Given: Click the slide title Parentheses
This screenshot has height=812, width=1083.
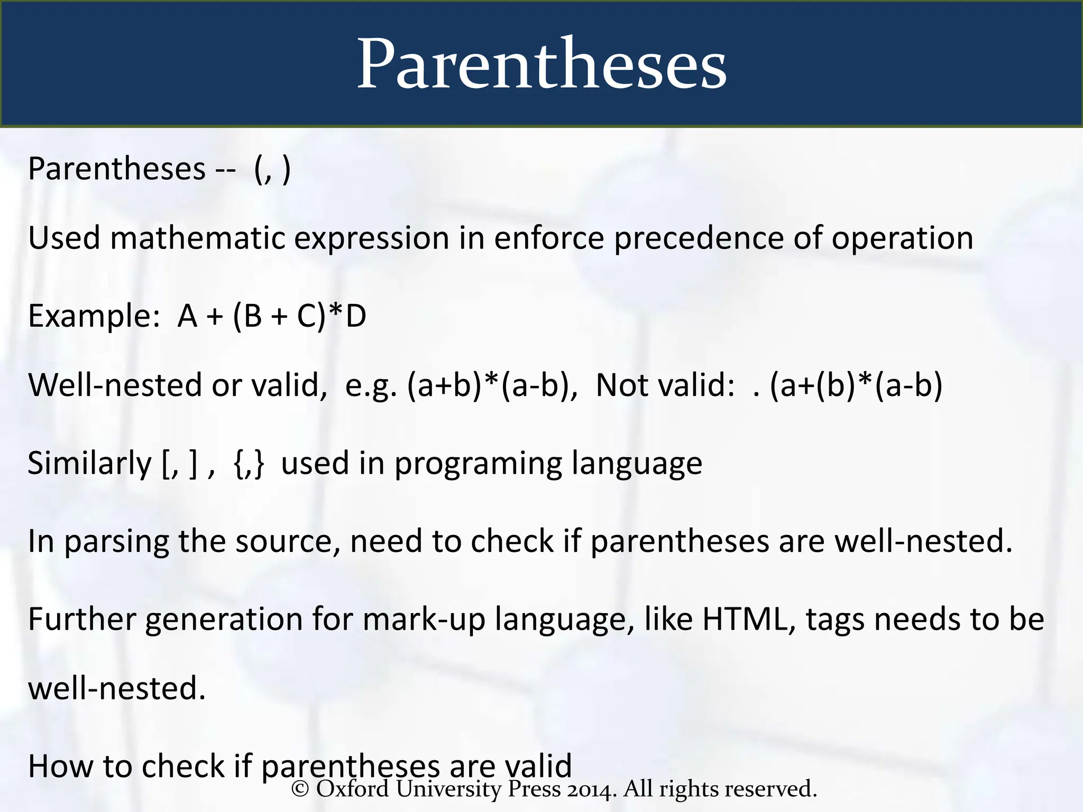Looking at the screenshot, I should (x=541, y=64).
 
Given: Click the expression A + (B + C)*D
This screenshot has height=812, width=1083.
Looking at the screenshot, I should (x=272, y=316).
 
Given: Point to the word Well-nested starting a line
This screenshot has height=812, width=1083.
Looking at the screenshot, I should (x=116, y=384).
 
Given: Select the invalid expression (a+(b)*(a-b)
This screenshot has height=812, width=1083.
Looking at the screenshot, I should (x=856, y=384).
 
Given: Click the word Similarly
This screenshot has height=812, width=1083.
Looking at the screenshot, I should (x=89, y=463).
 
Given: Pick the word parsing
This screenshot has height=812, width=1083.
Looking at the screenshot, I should (x=116, y=541).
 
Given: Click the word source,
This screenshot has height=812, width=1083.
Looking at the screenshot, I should (x=288, y=541).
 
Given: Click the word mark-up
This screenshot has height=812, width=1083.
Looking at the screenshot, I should (x=424, y=619).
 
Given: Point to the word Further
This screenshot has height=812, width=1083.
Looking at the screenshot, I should (x=81, y=619).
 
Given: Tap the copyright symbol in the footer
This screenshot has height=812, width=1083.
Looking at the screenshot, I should (x=300, y=789).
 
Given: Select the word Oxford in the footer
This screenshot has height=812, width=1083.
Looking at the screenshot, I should (x=353, y=789).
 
